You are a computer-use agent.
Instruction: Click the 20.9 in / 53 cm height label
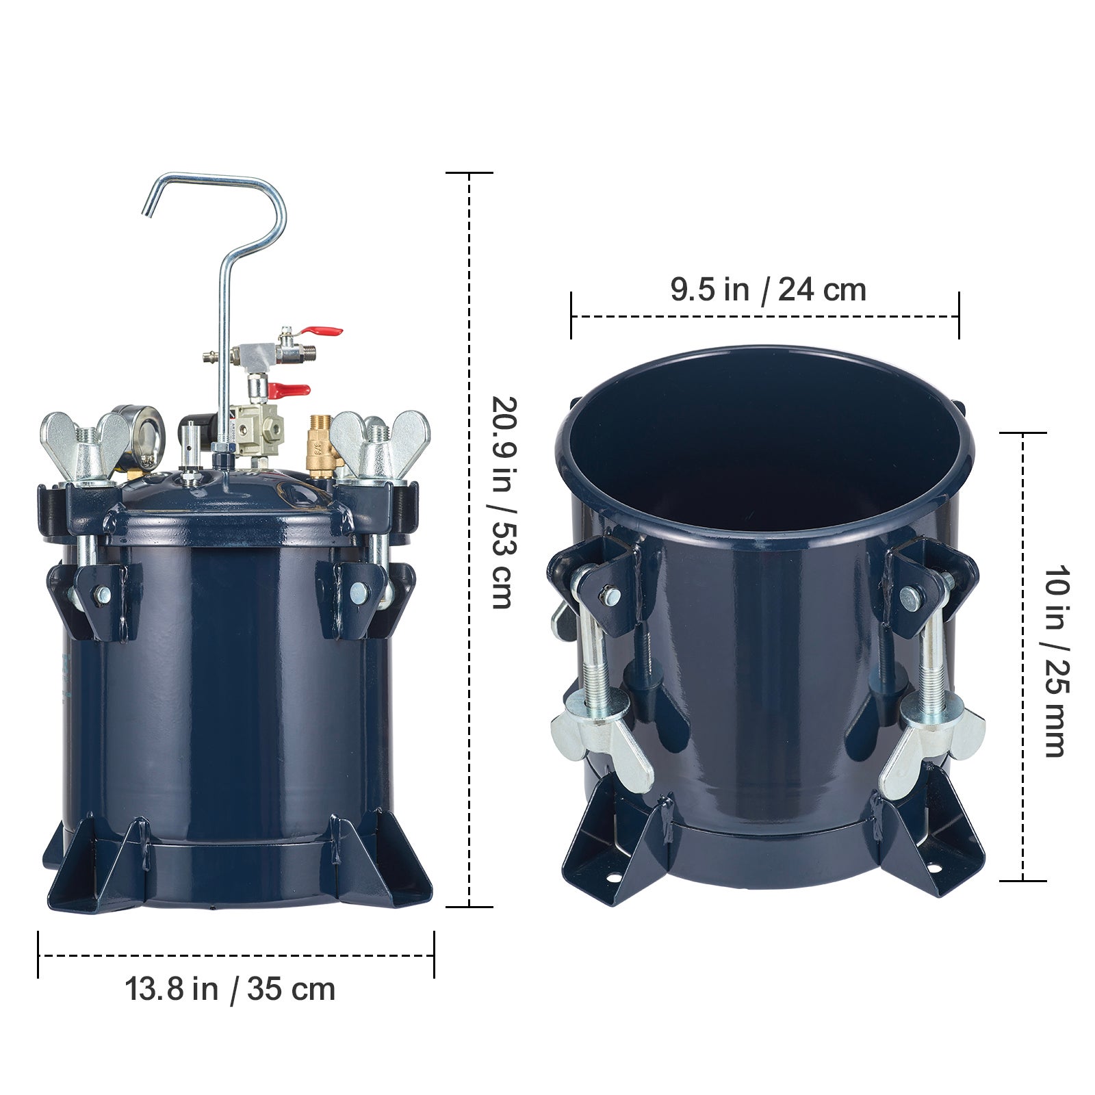tap(503, 503)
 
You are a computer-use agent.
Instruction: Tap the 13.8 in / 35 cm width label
tap(230, 990)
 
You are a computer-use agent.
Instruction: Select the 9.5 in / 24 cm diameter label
tap(768, 289)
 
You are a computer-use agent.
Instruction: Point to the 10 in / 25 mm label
tap(1054, 660)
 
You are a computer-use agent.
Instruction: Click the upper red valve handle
tap(323, 332)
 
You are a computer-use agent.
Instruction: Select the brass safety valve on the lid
tap(320, 441)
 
